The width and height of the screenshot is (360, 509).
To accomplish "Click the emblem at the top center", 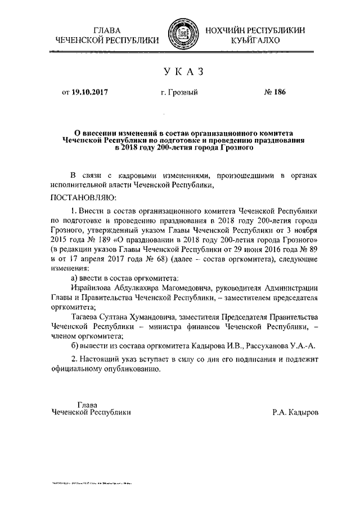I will [181, 35].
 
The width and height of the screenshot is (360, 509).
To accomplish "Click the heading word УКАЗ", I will [180, 71].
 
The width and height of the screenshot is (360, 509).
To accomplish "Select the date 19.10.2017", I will [90, 93].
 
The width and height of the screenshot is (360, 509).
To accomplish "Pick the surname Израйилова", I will [92, 288].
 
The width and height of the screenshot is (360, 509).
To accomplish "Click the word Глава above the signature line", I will [87, 404].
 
